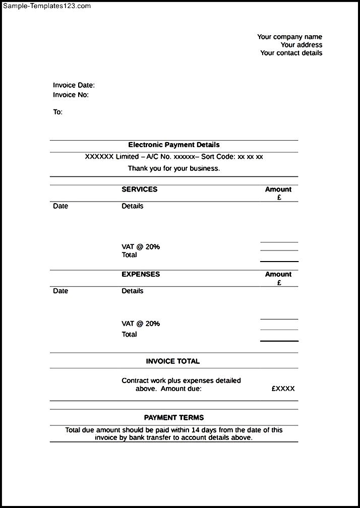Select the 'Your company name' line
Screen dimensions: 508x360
[x=289, y=37]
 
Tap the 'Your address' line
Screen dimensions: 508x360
[x=302, y=45]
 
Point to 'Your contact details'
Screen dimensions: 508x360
[x=291, y=53]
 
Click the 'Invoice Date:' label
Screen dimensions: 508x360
[x=74, y=85]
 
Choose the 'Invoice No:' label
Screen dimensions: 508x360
[x=71, y=95]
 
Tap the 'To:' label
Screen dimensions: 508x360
[x=58, y=112]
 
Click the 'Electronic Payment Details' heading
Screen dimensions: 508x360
[x=174, y=145]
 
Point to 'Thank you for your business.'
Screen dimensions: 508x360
[x=174, y=168]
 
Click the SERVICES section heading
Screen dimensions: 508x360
[x=139, y=189]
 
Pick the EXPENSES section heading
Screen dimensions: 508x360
[x=141, y=274]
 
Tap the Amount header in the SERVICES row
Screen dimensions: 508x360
[x=278, y=189]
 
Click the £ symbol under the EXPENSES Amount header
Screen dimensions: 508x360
[x=279, y=283]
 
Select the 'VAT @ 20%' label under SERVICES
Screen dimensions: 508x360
[x=141, y=246]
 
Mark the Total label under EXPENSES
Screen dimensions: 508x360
[x=129, y=334]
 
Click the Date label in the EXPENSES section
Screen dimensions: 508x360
[x=61, y=291]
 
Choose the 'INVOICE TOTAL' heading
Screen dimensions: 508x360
[x=173, y=361]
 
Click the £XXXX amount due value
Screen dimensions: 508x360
[x=283, y=389]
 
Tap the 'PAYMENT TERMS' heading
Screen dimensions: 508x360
[x=174, y=417]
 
